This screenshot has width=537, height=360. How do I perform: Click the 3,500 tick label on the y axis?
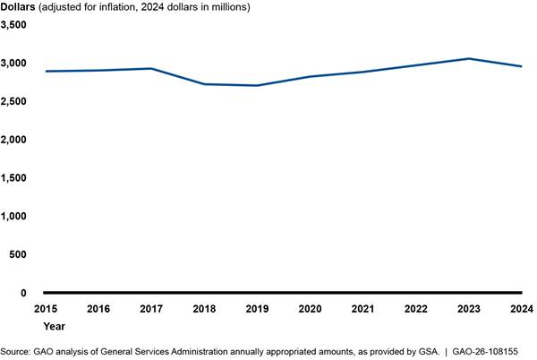pos(15,25)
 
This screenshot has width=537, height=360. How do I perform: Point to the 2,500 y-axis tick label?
pos(15,102)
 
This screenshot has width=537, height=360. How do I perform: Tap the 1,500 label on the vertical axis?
pos(15,178)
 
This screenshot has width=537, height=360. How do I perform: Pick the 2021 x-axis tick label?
pos(362,309)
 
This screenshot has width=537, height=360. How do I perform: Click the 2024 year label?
pos(521,309)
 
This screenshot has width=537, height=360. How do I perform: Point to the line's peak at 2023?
pos(468,59)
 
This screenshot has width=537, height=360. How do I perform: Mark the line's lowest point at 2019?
pos(257,85)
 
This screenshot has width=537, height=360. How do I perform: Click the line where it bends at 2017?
pos(151,69)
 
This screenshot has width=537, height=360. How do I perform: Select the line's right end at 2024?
pos(521,66)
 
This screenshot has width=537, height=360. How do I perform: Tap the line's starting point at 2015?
pos(46,71)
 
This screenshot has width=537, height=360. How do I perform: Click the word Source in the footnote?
pos(15,352)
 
